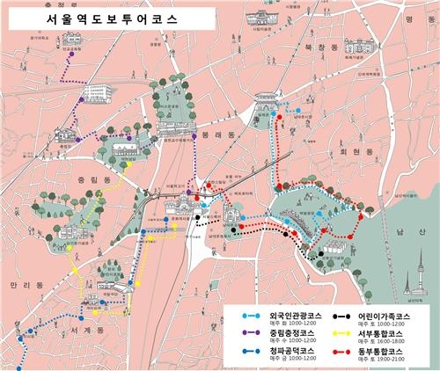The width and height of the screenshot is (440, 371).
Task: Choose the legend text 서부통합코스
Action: (x=380, y=334)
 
